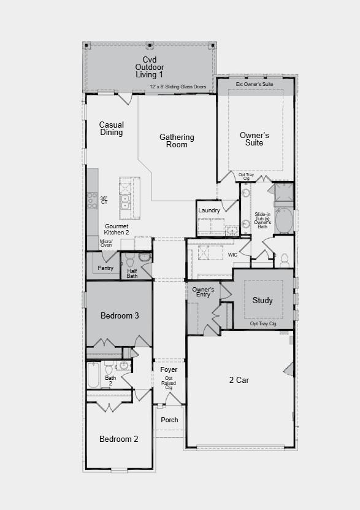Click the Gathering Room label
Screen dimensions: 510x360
pyautogui.click(x=177, y=141)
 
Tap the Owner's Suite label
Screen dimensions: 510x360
pyautogui.click(x=254, y=139)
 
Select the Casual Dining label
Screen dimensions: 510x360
pyautogui.click(x=111, y=128)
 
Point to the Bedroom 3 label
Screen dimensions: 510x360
pyautogui.click(x=120, y=315)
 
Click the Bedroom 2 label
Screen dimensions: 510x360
pyautogui.click(x=118, y=439)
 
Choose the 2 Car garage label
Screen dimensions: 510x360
pyautogui.click(x=239, y=380)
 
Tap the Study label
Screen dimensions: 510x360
pyautogui.click(x=262, y=301)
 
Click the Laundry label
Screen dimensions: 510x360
pyautogui.click(x=209, y=211)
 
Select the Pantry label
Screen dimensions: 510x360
pyautogui.click(x=105, y=268)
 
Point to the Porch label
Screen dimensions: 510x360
pyautogui.click(x=169, y=420)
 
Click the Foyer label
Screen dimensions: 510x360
pyautogui.click(x=169, y=369)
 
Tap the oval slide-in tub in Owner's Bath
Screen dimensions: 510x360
pyautogui.click(x=284, y=221)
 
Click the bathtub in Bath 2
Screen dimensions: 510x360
pyautogui.click(x=93, y=375)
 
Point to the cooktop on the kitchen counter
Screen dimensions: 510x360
pyautogui.click(x=92, y=200)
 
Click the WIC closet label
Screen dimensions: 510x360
pyautogui.click(x=232, y=254)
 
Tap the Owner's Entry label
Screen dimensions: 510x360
pyautogui.click(x=202, y=292)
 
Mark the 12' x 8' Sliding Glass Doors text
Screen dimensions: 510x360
pyautogui.click(x=178, y=87)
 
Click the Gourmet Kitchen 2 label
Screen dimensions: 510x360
pyautogui.click(x=117, y=230)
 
